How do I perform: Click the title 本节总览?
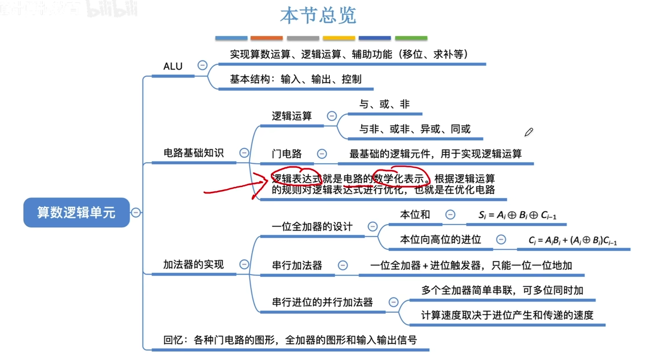[x=318, y=16]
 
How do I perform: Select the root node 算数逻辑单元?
[x=76, y=213]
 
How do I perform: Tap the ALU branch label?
[x=173, y=66]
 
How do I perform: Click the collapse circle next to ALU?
[x=202, y=65]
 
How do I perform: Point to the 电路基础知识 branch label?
[x=193, y=153]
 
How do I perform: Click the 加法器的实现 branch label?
[x=193, y=264]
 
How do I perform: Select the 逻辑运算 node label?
[x=292, y=116]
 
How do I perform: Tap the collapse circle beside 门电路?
[x=322, y=154]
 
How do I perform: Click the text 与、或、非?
[x=384, y=104]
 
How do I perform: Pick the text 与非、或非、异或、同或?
[x=415, y=129]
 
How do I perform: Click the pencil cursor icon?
[x=529, y=132]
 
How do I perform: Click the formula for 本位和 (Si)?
[x=517, y=215]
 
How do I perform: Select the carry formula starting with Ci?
[x=573, y=240]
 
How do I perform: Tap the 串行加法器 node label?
[x=297, y=265]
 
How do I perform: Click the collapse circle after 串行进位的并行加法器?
[x=394, y=302]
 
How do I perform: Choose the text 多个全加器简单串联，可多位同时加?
[x=502, y=290]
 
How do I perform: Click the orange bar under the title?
[x=267, y=38]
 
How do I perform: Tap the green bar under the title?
[x=411, y=38]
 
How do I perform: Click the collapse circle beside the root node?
[x=136, y=213]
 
